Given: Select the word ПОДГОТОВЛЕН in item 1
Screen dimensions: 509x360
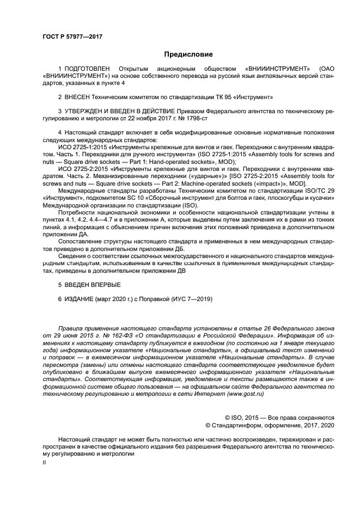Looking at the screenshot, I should [88, 69].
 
